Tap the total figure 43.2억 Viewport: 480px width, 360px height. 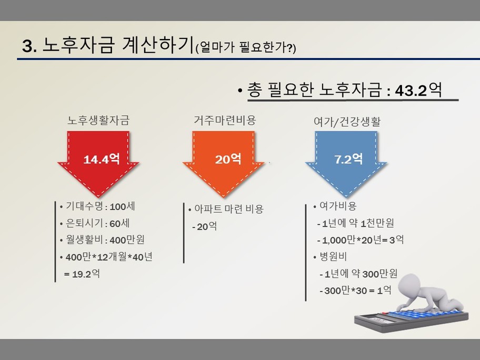(418, 90)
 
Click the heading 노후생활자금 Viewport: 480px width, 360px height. (98, 120)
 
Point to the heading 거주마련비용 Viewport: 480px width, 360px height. (225, 120)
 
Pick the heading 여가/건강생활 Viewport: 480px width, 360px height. (347, 122)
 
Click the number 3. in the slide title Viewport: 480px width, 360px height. (29, 46)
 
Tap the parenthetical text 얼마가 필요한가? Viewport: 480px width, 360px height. (245, 47)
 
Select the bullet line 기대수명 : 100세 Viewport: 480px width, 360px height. (98, 206)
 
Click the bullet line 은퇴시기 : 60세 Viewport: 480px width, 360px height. (95, 223)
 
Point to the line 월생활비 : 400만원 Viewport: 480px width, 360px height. (102, 239)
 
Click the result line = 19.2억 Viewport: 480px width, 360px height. (82, 273)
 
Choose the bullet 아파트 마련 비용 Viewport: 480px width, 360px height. (226, 209)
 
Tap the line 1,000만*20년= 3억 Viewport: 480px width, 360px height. (361, 239)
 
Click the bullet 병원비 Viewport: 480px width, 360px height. (330, 256)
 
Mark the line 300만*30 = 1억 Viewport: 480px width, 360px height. (355, 290)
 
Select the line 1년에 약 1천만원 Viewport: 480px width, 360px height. (356, 223)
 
